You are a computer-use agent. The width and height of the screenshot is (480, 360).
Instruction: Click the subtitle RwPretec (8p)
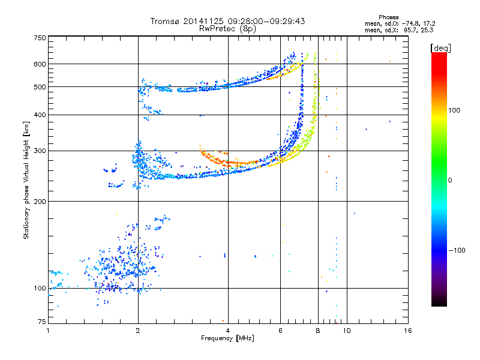coord(227,29)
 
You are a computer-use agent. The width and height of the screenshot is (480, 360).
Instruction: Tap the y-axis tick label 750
coord(40,38)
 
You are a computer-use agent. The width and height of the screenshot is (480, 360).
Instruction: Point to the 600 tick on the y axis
coord(40,64)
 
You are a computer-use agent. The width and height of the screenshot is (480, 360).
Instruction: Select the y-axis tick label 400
coord(40,115)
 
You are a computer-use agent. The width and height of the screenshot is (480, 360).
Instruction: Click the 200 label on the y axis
coord(40,202)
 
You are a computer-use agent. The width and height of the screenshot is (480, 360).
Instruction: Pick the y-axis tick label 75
coord(42,322)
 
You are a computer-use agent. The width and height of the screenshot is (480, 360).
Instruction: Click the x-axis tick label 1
coord(48,331)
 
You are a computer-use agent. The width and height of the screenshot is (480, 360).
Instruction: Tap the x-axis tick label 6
coord(280,331)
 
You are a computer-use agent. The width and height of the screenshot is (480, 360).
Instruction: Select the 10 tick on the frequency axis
coord(347,331)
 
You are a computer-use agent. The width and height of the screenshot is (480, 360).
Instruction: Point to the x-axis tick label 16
coord(408,331)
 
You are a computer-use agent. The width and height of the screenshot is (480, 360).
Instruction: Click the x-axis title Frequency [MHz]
coord(227,338)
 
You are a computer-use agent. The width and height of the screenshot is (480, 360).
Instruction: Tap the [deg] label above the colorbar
coord(440,48)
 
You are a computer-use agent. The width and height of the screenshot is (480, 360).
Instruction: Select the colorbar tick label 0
coord(450,180)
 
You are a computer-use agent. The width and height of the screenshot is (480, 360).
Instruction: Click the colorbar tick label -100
coord(457,250)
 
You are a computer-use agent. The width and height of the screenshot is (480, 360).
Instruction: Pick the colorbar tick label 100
coord(454,110)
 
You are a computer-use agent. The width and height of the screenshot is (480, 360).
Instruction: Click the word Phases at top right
coord(388,17)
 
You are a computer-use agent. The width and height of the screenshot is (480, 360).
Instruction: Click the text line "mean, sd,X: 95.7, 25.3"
coord(399,30)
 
